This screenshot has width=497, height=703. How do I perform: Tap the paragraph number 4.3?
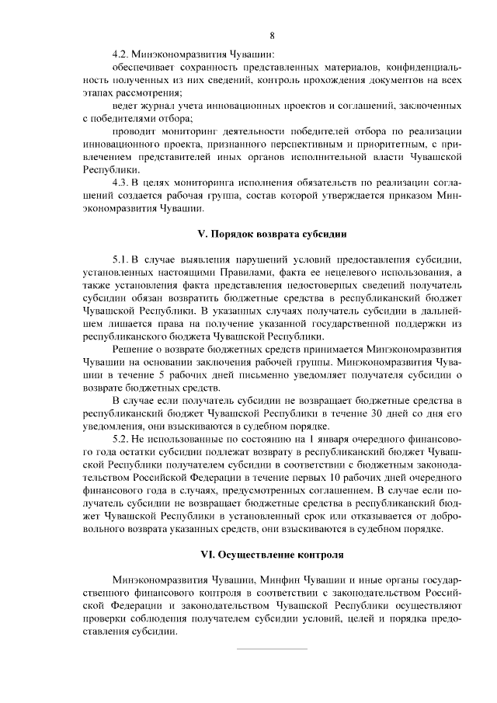pyautogui.click(x=121, y=182)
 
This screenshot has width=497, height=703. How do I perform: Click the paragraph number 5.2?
pyautogui.click(x=121, y=439)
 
